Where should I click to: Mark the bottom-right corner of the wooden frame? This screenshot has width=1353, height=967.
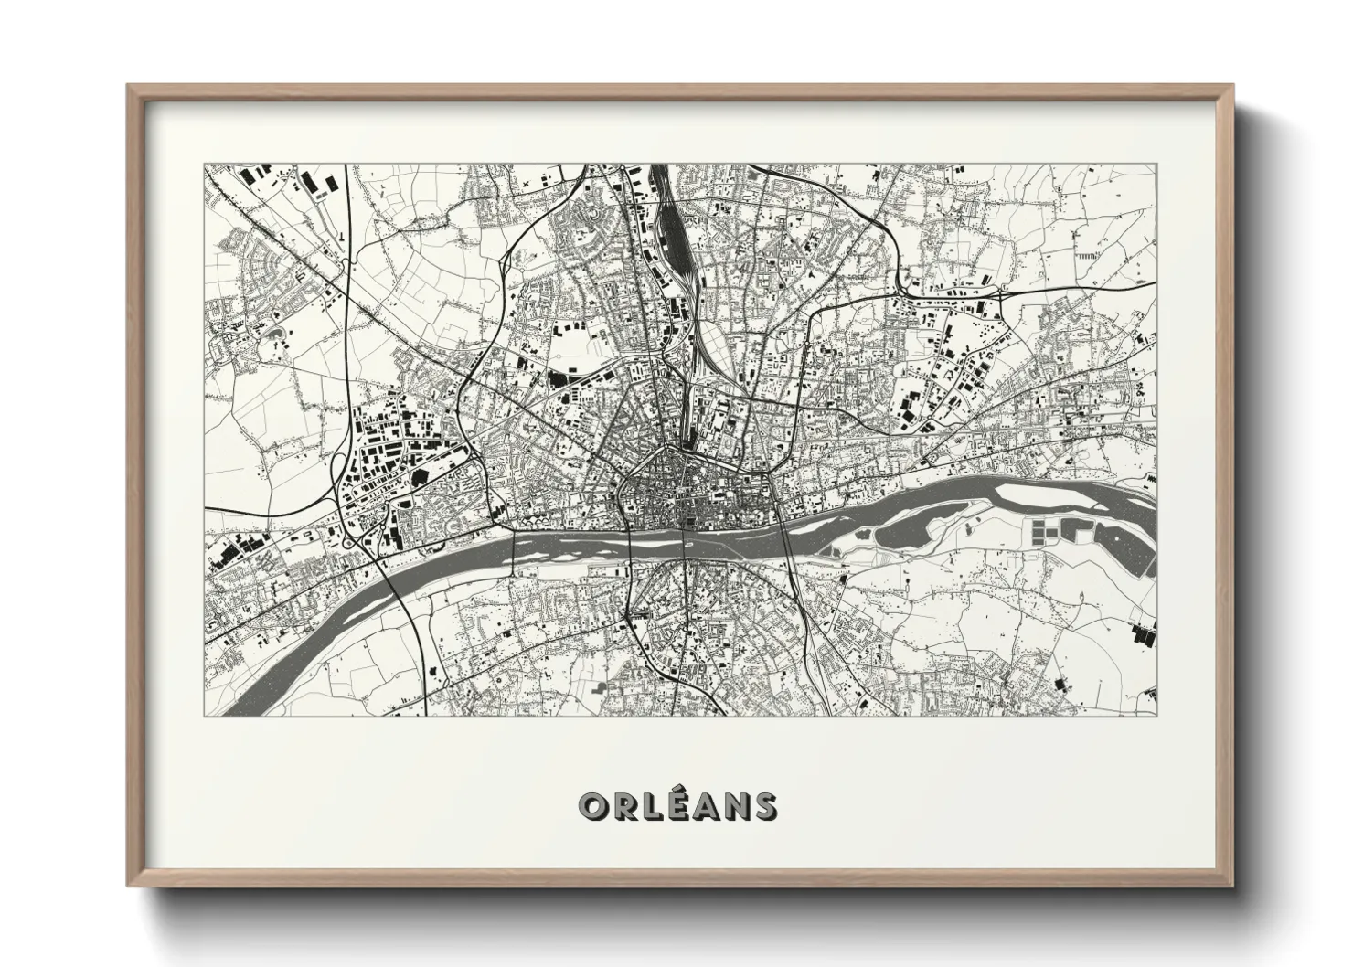click(x=1232, y=885)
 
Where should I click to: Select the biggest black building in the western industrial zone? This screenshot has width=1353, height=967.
click(x=420, y=475)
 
